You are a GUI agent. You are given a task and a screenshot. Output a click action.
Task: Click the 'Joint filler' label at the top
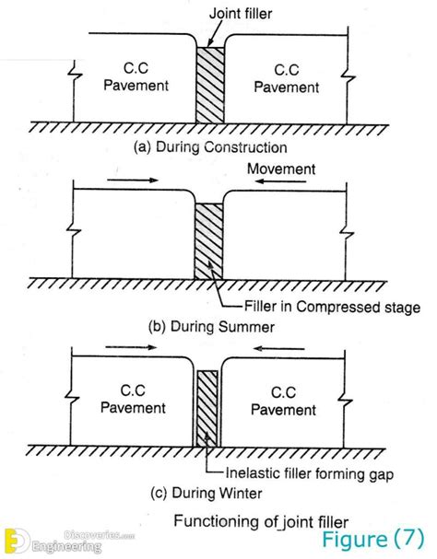click(x=241, y=14)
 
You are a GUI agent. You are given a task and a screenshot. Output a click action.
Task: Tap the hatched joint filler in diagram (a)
click(x=210, y=85)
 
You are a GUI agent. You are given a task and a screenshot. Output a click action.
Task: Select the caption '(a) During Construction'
click(x=210, y=147)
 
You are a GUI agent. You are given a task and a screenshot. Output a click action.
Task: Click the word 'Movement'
click(x=281, y=169)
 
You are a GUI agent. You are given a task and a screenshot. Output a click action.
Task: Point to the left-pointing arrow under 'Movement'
click(x=280, y=181)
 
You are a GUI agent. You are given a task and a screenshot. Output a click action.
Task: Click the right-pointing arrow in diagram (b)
click(x=133, y=180)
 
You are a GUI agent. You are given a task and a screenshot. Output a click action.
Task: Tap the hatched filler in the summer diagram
click(x=209, y=241)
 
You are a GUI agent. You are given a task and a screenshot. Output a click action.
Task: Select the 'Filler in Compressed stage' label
click(x=332, y=307)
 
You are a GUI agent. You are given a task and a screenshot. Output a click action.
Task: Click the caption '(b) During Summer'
click(x=211, y=327)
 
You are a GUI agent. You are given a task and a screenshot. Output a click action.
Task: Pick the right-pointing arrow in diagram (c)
click(x=131, y=347)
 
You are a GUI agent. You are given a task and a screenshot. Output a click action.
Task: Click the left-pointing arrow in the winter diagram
click(x=278, y=348)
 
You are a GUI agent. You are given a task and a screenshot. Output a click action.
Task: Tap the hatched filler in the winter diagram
click(x=207, y=409)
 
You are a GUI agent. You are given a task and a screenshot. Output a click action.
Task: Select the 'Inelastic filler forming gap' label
click(x=310, y=473)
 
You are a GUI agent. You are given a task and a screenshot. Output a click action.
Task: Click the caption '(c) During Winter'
click(x=206, y=493)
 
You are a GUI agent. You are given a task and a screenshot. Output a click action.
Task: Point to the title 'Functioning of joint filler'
click(x=261, y=521)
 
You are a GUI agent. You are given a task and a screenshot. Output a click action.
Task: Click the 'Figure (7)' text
click(x=373, y=539)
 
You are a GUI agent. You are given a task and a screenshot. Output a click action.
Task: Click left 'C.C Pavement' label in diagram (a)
click(x=136, y=76)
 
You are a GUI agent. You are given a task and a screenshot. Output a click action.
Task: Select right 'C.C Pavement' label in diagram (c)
click(x=283, y=401)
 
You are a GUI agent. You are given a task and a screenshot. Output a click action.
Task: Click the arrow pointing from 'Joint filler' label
click(x=214, y=33)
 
